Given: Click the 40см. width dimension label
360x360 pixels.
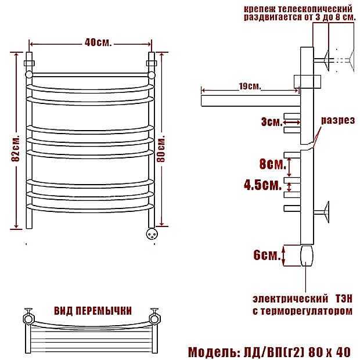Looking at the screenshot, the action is pos(98,42).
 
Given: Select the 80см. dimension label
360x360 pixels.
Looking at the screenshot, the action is pos(161,149).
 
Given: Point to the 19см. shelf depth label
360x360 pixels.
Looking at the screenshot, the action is pos(250,87).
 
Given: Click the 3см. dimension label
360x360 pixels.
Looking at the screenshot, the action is pos(272,122).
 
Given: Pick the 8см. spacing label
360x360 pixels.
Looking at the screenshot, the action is pos(273,164).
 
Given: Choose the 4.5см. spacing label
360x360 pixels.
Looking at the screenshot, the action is pos(263,185).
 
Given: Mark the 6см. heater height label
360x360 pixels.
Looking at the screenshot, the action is pos(267,255).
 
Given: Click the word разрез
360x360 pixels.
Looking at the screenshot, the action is pos(338,120).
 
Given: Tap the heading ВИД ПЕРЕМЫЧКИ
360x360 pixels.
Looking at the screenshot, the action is pos(93,311).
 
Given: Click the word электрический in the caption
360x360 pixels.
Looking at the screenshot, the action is pos(290,299).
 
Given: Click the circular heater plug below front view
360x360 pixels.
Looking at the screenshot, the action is pos(152,234).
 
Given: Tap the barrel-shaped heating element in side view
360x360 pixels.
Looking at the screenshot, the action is pos(307,255).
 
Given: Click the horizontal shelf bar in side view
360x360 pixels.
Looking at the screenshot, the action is pos(251,101).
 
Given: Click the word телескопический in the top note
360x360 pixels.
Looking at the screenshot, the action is pos(315,9).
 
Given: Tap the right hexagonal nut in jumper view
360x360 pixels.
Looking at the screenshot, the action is pos(155,319).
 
